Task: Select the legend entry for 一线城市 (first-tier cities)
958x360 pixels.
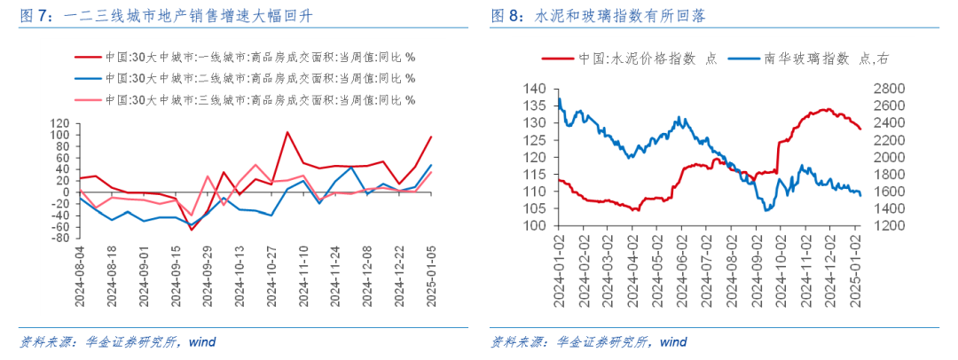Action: (257, 57)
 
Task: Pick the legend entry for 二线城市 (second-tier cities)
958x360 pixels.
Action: (257, 77)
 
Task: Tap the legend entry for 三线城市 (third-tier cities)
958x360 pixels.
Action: (257, 98)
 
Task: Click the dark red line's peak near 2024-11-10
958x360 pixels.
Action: (287, 132)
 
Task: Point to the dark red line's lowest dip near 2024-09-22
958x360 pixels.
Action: (191, 231)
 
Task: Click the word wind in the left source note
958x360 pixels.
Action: (200, 341)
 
